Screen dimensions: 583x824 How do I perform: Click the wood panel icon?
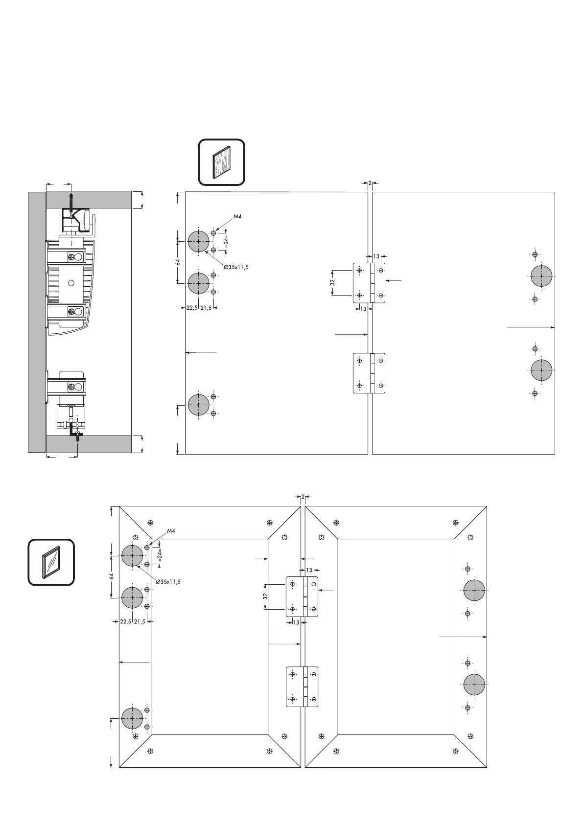tap(221, 162)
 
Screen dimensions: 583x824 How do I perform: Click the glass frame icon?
tap(51, 562)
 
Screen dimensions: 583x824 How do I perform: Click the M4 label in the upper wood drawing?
tap(237, 216)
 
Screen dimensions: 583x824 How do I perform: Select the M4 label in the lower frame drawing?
tap(171, 531)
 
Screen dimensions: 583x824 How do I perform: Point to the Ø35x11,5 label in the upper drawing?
tap(236, 267)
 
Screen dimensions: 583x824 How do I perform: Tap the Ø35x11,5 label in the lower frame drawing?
tap(168, 582)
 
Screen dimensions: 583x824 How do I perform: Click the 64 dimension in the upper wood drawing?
tap(179, 262)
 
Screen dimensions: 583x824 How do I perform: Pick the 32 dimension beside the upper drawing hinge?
tap(333, 282)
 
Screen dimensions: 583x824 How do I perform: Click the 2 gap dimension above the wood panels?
tap(370, 183)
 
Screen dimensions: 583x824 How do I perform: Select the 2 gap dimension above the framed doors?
tap(303, 497)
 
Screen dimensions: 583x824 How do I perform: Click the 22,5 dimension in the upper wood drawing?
tap(191, 308)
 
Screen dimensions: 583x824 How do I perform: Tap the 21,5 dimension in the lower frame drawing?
tap(140, 622)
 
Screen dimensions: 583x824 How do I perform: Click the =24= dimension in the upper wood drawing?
tap(227, 241)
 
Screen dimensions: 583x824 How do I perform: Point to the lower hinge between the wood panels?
tap(370, 373)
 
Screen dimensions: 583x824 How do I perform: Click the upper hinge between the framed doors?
tap(302, 596)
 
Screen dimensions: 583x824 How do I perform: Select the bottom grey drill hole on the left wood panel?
tap(199, 405)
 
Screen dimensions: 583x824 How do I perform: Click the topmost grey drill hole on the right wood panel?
tap(541, 276)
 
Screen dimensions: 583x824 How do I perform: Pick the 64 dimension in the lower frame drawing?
tap(112, 576)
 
